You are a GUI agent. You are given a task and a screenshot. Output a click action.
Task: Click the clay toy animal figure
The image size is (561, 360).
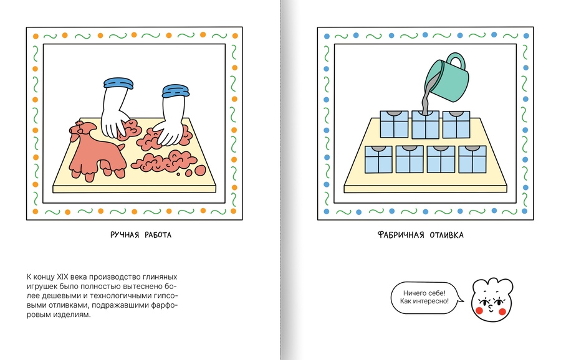pos(95,150)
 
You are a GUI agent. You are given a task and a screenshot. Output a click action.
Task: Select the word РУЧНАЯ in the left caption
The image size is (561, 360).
pos(125,235)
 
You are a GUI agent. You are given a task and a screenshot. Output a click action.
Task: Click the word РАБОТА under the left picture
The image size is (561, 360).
pos(158,235)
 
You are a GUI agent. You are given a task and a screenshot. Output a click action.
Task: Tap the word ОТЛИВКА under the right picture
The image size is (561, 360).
pos(446,235)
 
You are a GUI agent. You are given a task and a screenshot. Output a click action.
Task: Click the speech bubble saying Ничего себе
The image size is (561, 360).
pos(426,298)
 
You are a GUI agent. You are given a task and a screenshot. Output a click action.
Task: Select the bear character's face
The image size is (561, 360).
pos(492,300)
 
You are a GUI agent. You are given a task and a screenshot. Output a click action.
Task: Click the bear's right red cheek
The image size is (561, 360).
pos(502,312)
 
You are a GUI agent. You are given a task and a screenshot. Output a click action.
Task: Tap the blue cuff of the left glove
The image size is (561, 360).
pos(118,83)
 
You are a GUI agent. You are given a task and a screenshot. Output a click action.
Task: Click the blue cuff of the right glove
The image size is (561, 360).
pos(175,91)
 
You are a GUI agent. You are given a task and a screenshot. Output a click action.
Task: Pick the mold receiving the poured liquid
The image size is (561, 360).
pos(425,125)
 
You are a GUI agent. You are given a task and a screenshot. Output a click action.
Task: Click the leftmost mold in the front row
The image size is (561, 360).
pos(378,159)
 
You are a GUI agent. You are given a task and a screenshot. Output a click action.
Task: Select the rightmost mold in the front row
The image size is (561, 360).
pos(472,159)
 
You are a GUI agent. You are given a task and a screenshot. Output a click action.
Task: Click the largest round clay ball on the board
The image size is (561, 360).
pos(200,171)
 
